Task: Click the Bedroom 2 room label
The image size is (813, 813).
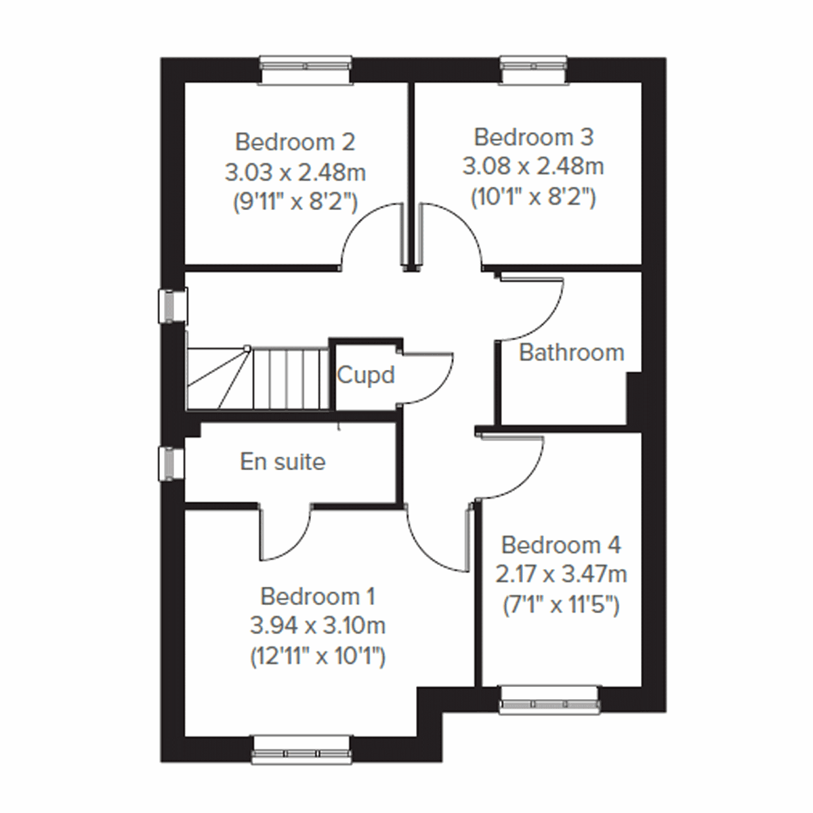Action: pos(295,142)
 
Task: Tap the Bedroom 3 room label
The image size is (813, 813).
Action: pos(533,137)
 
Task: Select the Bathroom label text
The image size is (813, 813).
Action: pos(571,352)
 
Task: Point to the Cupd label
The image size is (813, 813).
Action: pos(365,375)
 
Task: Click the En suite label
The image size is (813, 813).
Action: pos(283,461)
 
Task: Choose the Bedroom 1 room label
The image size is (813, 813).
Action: pos(317,596)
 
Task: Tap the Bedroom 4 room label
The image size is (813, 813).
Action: pos(561,545)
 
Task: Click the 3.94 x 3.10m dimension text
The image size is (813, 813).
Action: pos(317,626)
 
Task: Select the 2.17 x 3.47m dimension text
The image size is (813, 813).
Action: pos(561,575)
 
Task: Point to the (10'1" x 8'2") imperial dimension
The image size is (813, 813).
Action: pos(533,196)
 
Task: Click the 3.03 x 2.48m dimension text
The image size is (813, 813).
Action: pos(295,172)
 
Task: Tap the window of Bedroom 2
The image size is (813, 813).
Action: pos(306,70)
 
